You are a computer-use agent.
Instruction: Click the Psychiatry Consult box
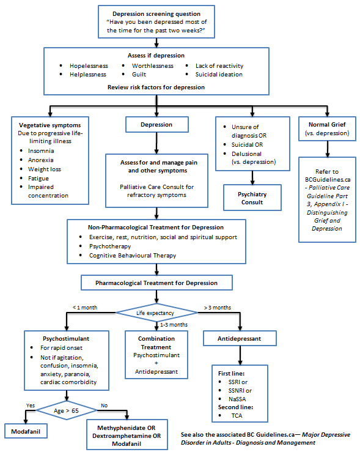pos(253,198)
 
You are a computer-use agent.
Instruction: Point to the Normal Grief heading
pos(329,125)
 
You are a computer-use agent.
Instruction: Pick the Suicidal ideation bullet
pos(219,75)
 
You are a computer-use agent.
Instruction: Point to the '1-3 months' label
pos(173,325)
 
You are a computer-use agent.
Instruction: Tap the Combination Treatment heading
pos(156,343)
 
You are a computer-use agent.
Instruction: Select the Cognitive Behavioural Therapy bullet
pos(129,256)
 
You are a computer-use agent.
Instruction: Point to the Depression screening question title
pos(157,13)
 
